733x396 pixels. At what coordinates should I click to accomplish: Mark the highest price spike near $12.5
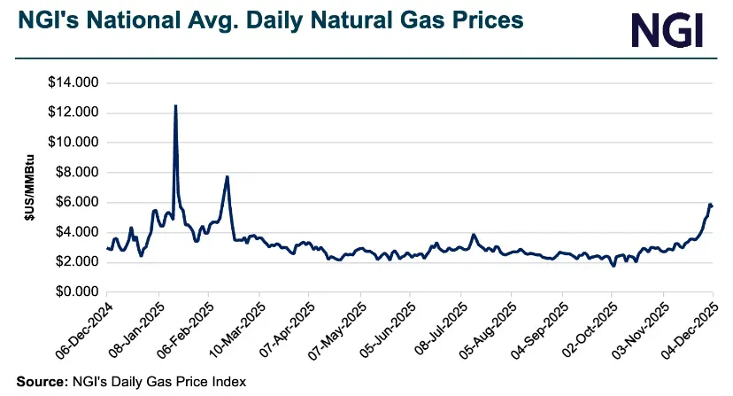pyautogui.click(x=175, y=105)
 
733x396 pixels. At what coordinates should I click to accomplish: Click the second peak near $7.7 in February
pyautogui.click(x=228, y=176)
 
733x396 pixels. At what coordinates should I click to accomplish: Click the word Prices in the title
pyautogui.click(x=476, y=19)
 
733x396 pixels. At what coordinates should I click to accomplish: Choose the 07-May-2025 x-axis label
pyautogui.click(x=336, y=331)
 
